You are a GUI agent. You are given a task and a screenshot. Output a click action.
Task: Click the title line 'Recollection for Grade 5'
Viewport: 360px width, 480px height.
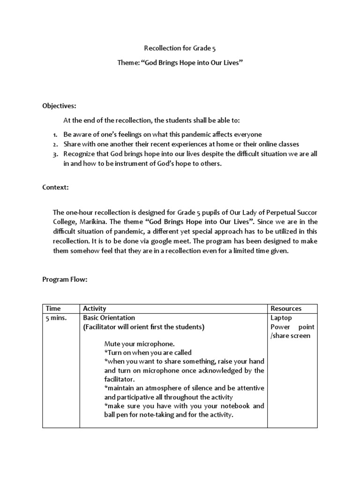tap(180, 48)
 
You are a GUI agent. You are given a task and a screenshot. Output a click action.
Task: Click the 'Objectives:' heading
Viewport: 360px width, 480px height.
tap(59, 106)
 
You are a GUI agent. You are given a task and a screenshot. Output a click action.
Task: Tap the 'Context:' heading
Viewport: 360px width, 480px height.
tap(56, 187)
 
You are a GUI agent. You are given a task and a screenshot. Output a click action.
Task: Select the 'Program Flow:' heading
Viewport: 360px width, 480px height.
tap(65, 280)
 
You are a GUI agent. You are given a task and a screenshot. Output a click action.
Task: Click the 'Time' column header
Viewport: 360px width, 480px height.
tap(53, 308)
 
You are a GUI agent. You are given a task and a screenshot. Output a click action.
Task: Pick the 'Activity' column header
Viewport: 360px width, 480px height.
tap(95, 308)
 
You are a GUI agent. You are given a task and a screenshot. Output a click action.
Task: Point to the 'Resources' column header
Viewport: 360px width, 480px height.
tap(286, 308)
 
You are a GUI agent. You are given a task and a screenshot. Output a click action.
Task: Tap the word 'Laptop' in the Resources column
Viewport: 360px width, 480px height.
tap(281, 318)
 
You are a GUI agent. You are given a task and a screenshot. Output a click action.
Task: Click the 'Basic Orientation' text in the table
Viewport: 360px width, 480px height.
tap(109, 318)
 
